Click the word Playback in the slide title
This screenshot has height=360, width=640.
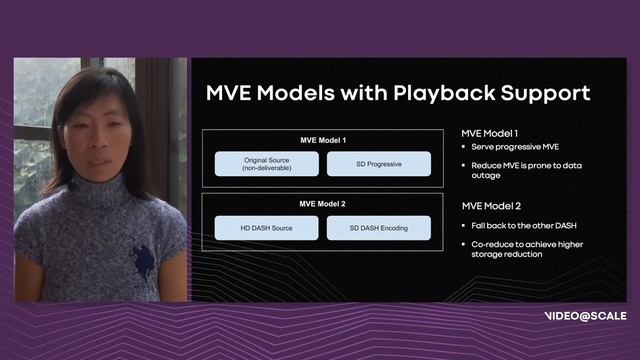(438, 94)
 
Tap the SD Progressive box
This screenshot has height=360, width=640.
(379, 164)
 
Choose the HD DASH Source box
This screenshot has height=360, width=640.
(265, 228)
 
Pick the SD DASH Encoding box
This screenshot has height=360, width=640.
(379, 228)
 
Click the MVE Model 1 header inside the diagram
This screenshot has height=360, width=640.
(322, 140)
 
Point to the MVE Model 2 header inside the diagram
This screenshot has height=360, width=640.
(322, 204)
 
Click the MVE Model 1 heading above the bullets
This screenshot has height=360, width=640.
(489, 133)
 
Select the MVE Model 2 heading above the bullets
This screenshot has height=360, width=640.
(490, 205)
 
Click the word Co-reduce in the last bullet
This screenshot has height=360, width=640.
(495, 243)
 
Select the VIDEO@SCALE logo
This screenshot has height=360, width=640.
(585, 315)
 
